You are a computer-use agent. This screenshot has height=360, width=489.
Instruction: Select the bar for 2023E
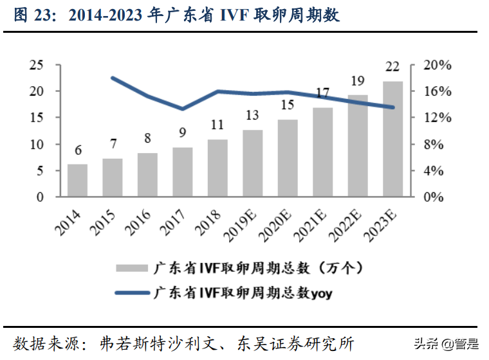[392, 139]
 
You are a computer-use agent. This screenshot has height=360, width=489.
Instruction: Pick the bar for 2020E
[288, 158]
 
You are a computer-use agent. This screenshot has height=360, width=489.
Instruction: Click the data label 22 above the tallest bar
[392, 67]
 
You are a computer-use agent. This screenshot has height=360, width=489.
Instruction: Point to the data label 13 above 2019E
[252, 116]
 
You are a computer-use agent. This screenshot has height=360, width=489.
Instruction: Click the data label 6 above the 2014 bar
[78, 150]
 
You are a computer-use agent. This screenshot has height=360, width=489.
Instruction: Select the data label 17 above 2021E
[323, 93]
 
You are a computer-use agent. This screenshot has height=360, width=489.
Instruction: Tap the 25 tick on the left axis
[37, 65]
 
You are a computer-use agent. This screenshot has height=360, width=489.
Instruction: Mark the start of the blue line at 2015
[113, 78]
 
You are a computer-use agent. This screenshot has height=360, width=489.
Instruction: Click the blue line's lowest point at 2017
[182, 109]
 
